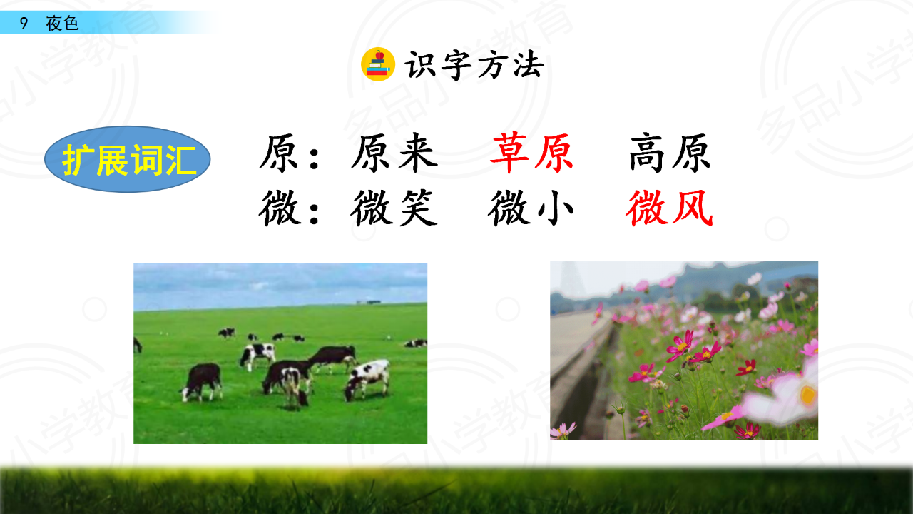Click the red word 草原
(531, 153)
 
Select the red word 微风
(669, 208)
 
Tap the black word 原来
(394, 153)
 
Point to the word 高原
(670, 153)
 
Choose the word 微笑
(394, 208)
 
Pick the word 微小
(531, 208)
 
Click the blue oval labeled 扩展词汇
(127, 159)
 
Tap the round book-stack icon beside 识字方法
(378, 64)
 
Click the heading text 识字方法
(474, 65)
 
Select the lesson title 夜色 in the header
(62, 24)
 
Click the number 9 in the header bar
(24, 24)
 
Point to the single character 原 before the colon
(278, 153)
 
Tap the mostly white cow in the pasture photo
(367, 379)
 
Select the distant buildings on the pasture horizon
(369, 302)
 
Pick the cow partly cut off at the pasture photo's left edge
(138, 345)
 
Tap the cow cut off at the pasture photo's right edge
(416, 343)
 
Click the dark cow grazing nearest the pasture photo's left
(201, 382)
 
